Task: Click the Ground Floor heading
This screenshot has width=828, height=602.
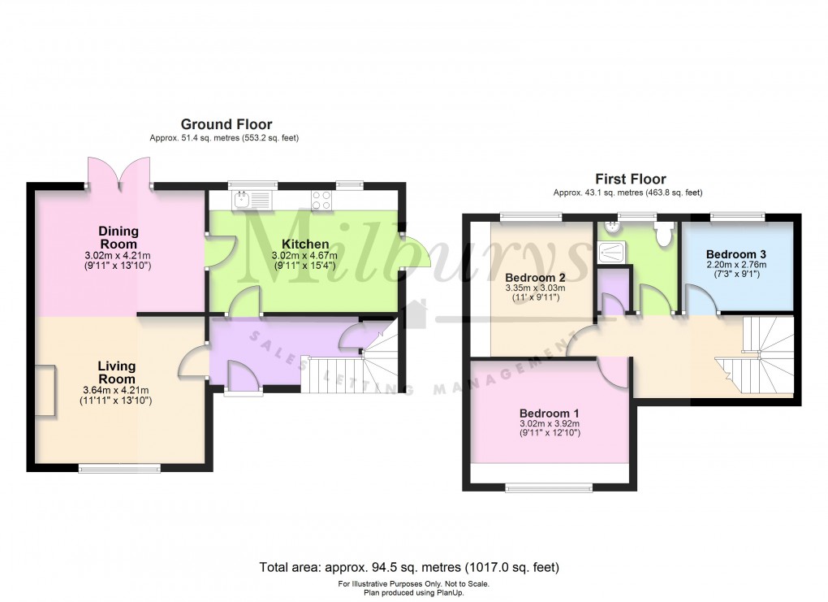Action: point(226,124)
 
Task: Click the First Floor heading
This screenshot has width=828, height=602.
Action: point(630,179)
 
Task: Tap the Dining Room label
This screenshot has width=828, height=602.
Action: point(118,237)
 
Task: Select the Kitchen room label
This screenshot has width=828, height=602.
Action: point(304,244)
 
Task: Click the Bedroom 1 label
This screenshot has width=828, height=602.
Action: point(550,413)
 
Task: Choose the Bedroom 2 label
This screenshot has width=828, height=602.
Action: point(535,276)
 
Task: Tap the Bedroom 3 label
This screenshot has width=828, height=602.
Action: point(736,253)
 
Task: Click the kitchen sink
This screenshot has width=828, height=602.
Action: point(252,199)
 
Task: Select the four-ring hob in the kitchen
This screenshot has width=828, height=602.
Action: point(321,199)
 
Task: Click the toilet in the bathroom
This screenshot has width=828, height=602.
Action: point(664,234)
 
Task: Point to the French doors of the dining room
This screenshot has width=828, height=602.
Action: point(118,172)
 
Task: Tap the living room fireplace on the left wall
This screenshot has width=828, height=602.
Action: point(46,392)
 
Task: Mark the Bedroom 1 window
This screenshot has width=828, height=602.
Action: point(549,487)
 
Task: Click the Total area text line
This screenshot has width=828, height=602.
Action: point(409,566)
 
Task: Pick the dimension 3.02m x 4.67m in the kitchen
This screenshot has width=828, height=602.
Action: point(304,255)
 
